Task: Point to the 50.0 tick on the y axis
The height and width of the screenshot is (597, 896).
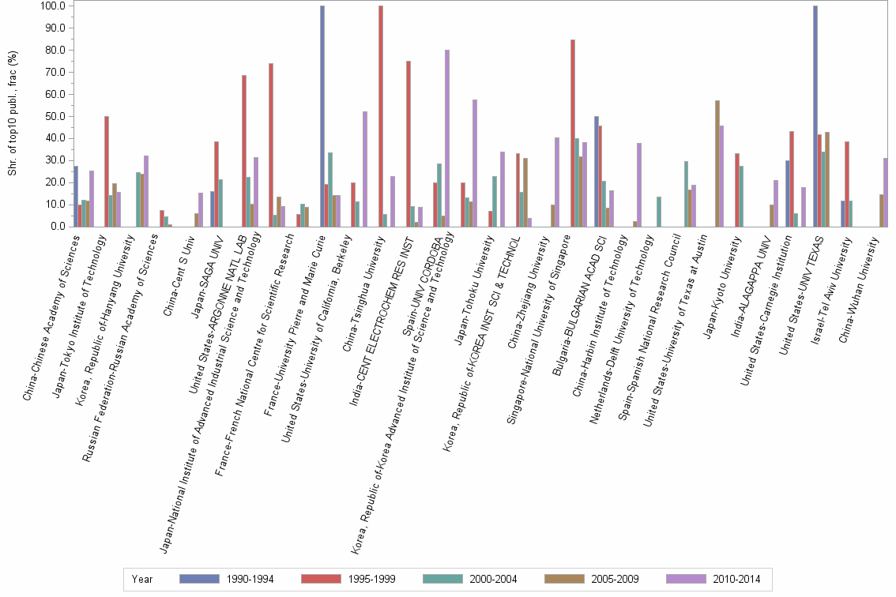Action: click(x=58, y=116)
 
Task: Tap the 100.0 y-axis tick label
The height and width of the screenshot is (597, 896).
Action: click(x=55, y=6)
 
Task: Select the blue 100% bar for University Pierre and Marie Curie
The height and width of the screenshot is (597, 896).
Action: click(x=322, y=116)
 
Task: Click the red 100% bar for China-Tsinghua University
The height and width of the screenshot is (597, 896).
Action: click(x=381, y=116)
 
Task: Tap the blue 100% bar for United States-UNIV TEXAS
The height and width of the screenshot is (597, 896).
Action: click(x=815, y=116)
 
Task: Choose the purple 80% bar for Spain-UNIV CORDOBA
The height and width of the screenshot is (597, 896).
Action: click(x=447, y=138)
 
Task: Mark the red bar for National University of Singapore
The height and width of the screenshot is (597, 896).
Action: click(x=572, y=133)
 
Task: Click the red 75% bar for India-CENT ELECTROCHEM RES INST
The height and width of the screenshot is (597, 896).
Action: click(x=408, y=144)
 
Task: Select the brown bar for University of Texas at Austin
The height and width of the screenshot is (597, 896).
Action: click(x=717, y=163)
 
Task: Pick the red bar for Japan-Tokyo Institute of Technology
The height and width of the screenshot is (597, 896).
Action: click(x=107, y=171)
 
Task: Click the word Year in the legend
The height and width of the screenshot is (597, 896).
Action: click(x=142, y=579)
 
